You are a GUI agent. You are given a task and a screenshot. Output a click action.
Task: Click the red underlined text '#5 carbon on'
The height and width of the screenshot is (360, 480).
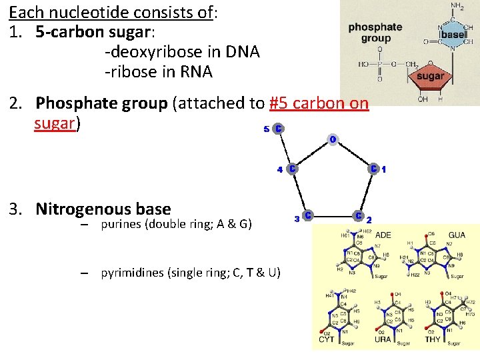[x=319, y=103]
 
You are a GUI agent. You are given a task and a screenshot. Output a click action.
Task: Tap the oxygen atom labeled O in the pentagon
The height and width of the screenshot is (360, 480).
[x=332, y=139]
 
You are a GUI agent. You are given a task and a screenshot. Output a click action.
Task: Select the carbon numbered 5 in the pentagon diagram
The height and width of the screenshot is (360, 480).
[x=277, y=128]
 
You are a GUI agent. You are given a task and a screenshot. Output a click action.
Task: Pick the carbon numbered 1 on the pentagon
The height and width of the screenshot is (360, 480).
[x=375, y=169]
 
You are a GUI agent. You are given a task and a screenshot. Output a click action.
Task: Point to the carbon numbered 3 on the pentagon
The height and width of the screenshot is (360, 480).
[x=307, y=216]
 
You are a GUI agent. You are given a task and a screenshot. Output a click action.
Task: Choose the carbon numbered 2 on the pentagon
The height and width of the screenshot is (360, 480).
[x=359, y=216]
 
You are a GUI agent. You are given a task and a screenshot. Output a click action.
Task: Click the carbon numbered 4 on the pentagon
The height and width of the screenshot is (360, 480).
[x=292, y=169]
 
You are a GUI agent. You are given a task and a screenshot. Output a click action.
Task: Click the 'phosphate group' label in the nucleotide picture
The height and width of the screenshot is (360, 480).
[x=375, y=33]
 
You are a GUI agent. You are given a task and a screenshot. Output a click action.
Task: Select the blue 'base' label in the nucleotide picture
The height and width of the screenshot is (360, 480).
[x=453, y=34]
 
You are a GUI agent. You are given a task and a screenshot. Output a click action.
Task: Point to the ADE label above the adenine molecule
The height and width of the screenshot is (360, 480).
[x=384, y=235]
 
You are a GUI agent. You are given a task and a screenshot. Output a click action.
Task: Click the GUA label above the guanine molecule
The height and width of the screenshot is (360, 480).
[x=457, y=235]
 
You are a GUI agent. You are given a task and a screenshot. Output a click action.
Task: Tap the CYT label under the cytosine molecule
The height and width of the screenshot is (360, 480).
[x=326, y=339]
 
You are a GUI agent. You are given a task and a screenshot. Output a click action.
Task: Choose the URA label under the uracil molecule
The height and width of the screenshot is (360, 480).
[x=383, y=339]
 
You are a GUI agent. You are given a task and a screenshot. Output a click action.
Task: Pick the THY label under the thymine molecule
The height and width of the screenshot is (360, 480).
[x=433, y=339]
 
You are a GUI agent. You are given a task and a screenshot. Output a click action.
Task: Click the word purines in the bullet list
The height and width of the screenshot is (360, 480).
[x=123, y=224]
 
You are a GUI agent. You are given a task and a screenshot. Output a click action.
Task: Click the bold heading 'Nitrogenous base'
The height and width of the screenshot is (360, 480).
[x=103, y=209]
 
